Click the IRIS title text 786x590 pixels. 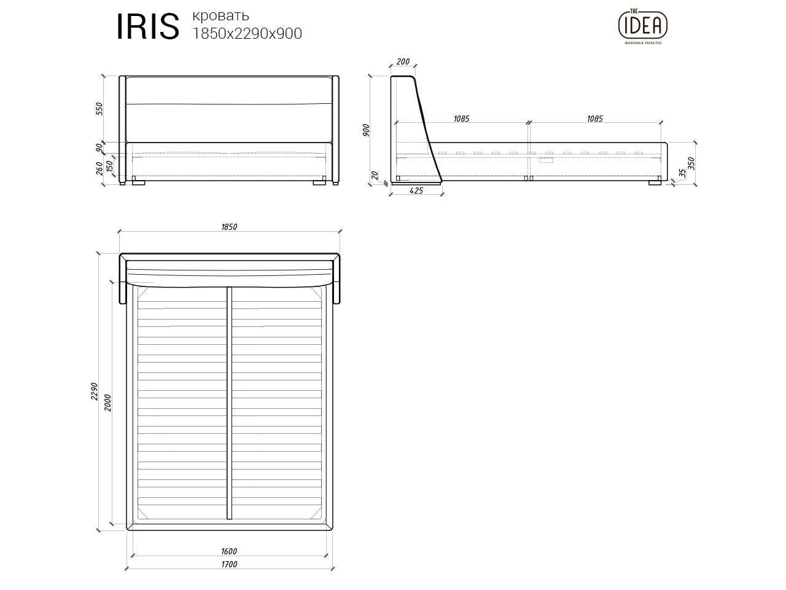pos(147,27)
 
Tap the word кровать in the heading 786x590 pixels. pos(220,15)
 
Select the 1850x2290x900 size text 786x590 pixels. pos(247,34)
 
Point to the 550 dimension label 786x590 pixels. pos(99,109)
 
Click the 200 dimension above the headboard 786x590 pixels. pos(403,61)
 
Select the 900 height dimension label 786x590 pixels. pos(367,130)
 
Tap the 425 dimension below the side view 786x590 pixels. pos(416,191)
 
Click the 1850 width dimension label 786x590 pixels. pos(229,227)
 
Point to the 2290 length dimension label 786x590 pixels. pos(95,391)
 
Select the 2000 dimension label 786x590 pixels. pos(109,403)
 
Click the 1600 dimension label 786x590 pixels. pos(228,551)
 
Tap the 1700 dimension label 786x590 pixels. pos(228,564)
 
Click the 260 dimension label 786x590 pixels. pos(99,168)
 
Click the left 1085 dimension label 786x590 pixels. pos(461,119)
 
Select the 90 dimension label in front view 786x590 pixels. pos(99,147)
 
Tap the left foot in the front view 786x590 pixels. pos(138,182)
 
